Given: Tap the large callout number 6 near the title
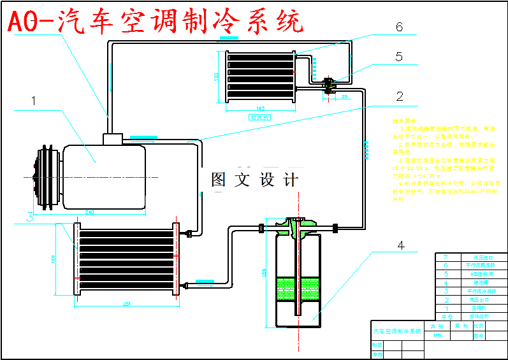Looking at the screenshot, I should click(399, 27).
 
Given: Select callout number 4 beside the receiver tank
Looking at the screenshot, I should click(400, 245).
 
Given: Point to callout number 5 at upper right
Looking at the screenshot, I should click(399, 57).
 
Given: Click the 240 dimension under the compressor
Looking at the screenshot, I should click(89, 212).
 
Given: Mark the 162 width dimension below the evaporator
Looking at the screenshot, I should click(260, 108).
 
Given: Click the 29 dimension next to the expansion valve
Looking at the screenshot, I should click(344, 96).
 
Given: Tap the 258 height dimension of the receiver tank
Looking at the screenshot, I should click(263, 273).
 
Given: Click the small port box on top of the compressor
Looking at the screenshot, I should click(113, 138).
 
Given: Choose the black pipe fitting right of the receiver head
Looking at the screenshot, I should click(335, 226).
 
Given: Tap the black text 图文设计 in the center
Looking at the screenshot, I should click(254, 180).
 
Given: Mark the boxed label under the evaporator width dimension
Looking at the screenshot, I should click(260, 117).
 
